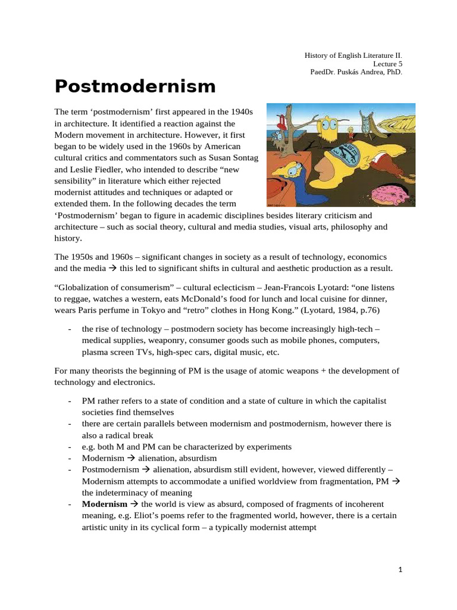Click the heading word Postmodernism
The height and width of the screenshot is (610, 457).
[135, 86]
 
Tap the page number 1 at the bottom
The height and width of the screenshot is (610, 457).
[400, 569]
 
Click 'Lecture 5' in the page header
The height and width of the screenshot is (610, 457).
[387, 63]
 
